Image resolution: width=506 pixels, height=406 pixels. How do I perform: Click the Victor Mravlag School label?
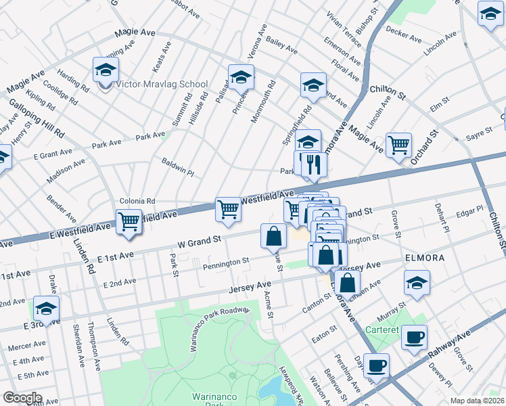pos(162,85)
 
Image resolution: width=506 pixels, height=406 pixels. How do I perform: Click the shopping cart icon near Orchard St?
pos(399,144)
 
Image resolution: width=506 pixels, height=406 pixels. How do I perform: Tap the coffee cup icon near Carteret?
pos(414,337)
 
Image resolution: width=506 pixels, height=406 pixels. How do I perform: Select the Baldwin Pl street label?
pos(177,167)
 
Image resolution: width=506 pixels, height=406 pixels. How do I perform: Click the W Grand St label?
pos(200,240)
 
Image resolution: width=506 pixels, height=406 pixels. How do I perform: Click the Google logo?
pos(22,398)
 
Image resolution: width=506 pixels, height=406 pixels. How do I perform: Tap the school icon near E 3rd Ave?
pos(47,308)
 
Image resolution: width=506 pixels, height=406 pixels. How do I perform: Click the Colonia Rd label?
pos(137,201)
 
